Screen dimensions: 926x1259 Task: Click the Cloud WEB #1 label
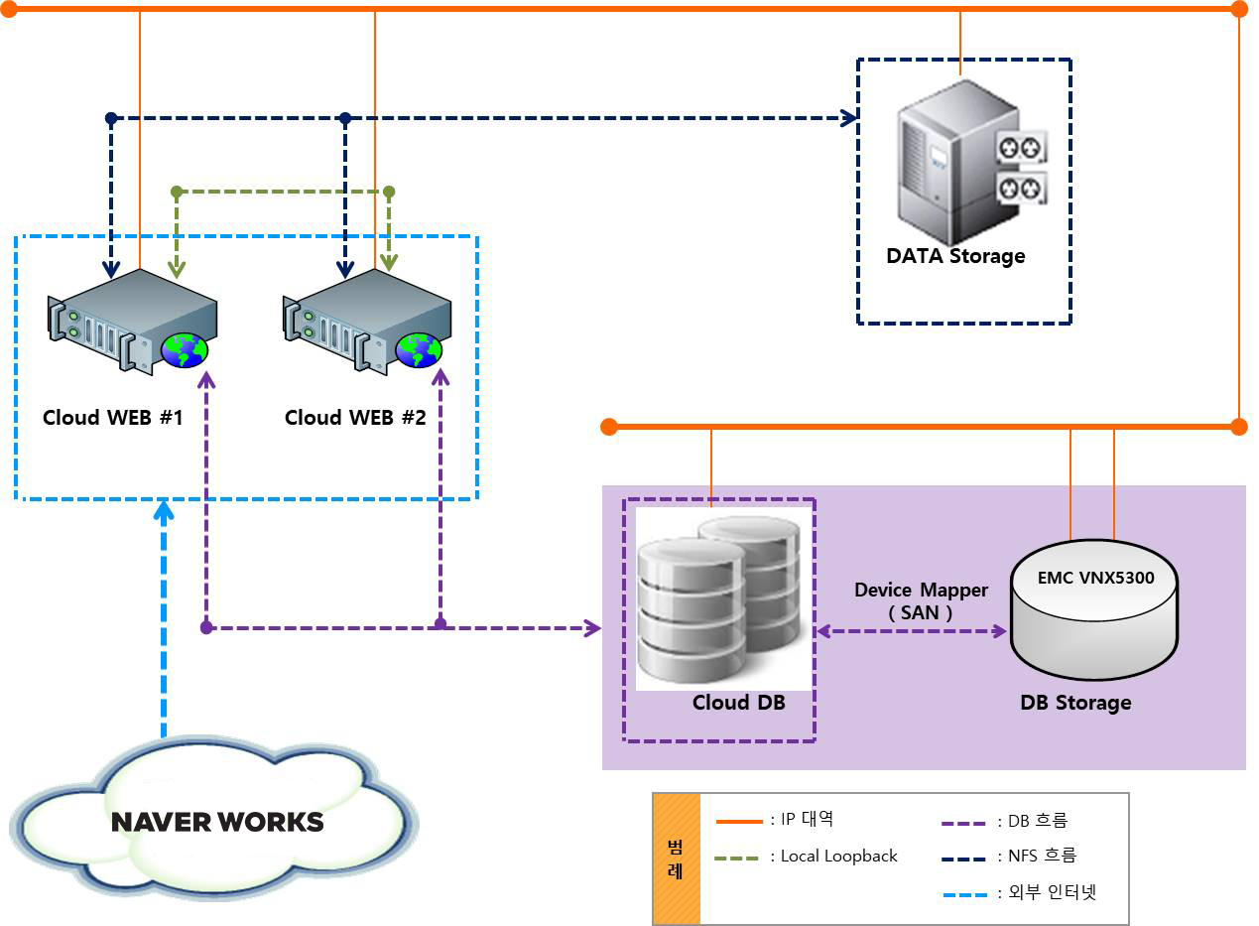click(x=113, y=418)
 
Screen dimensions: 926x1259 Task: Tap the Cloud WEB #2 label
click(x=355, y=418)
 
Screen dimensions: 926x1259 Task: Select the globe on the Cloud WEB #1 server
click(x=186, y=349)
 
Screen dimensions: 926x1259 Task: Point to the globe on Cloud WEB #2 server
click(x=419, y=349)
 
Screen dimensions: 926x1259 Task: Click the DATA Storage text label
click(x=955, y=256)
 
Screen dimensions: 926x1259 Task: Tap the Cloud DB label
click(x=739, y=703)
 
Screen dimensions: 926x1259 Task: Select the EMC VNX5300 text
click(x=1095, y=578)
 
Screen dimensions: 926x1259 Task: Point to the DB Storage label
click(x=1075, y=703)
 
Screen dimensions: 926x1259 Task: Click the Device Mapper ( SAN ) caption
click(x=921, y=601)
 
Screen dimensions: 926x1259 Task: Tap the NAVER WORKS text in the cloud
click(x=217, y=822)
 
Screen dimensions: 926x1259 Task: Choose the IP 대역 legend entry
click(x=802, y=820)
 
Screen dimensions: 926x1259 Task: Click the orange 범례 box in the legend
click(x=677, y=859)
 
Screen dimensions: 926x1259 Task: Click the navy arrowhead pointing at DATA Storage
click(x=849, y=118)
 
